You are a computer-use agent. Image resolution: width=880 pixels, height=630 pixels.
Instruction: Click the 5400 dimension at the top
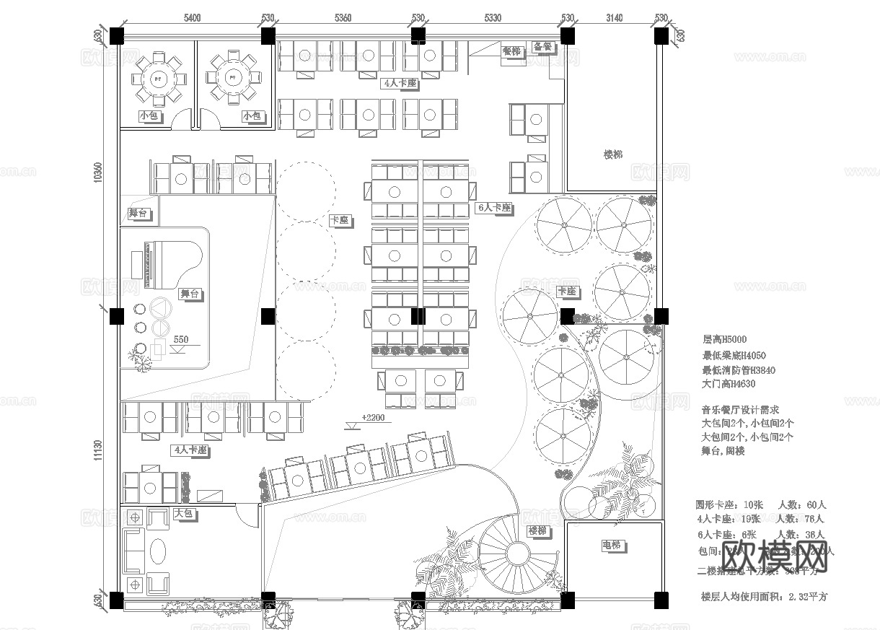click(192, 17)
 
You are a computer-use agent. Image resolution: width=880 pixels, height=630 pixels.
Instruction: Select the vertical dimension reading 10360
click(98, 172)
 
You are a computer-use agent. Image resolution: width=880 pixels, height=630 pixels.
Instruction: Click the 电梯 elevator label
click(612, 545)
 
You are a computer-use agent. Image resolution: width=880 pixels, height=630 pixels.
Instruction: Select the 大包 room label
click(183, 514)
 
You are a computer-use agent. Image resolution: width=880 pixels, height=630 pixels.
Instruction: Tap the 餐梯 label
click(511, 51)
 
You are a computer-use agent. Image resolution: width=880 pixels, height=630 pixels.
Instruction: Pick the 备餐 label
click(542, 47)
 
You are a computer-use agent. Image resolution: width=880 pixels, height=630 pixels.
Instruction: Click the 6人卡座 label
click(494, 208)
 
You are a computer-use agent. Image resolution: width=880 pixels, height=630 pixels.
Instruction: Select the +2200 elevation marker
click(373, 418)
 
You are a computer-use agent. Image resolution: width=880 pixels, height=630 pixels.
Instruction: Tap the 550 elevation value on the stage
click(180, 340)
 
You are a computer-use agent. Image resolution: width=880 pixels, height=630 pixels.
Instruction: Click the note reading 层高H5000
click(724, 339)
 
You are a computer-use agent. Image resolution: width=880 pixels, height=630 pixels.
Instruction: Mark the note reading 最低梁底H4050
click(734, 355)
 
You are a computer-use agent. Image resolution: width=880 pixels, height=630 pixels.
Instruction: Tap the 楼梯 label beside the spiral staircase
click(537, 531)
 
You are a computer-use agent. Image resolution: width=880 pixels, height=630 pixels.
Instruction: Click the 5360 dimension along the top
click(343, 17)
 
